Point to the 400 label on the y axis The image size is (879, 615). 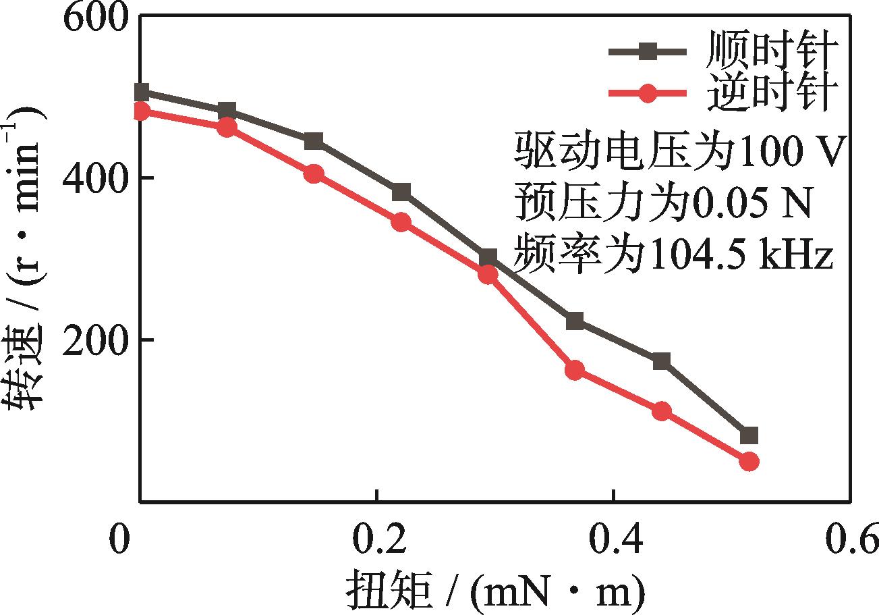pos(96,178)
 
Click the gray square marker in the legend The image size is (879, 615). pos(648,51)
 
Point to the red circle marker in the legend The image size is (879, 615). pos(648,93)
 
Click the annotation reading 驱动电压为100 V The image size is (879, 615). pos(678,153)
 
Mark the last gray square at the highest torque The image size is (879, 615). pos(749,435)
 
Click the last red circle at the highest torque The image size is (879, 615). pos(749,462)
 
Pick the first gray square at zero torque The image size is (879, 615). pos(141,92)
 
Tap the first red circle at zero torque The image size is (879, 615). pos(141,111)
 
